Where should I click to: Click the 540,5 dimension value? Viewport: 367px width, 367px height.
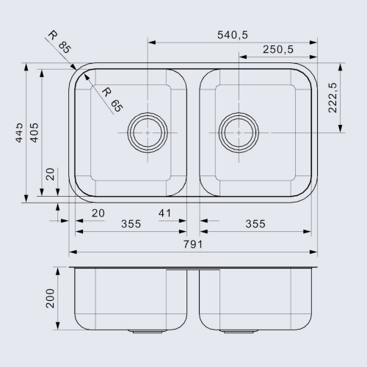pos(233,35)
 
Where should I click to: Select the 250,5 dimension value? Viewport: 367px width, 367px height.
pos(278,49)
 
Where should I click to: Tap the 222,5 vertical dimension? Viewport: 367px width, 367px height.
pos(333,98)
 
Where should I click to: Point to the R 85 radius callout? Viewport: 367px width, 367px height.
pos(59,42)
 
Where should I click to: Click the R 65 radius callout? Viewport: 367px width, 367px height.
pos(112,100)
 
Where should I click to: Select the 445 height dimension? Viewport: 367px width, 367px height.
pos(19,133)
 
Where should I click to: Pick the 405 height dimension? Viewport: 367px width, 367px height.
pos(34,133)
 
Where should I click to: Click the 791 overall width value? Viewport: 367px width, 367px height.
pos(193,244)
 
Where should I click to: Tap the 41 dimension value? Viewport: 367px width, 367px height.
pos(164,214)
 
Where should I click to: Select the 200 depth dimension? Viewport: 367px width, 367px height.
pos(50,298)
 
